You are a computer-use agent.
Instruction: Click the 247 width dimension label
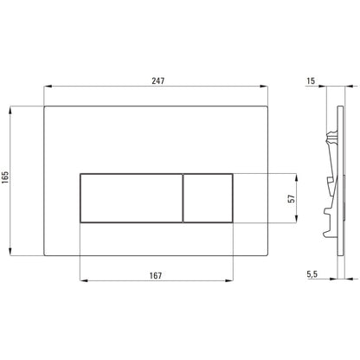pyautogui.click(x=158, y=80)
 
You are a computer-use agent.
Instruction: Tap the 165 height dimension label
pyautogui.click(x=5, y=177)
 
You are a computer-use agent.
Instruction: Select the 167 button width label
pyautogui.click(x=156, y=275)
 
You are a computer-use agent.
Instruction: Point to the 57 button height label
pyautogui.click(x=292, y=198)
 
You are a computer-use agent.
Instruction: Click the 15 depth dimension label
pyautogui.click(x=311, y=80)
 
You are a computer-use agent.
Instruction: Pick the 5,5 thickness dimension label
pyautogui.click(x=312, y=274)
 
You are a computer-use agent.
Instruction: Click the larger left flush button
pyautogui.click(x=132, y=198)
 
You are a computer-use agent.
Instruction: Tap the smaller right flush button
pyautogui.click(x=208, y=198)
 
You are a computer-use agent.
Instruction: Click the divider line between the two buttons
pyautogui.click(x=183, y=198)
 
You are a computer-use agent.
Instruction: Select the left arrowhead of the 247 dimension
pyautogui.click(x=48, y=86)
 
